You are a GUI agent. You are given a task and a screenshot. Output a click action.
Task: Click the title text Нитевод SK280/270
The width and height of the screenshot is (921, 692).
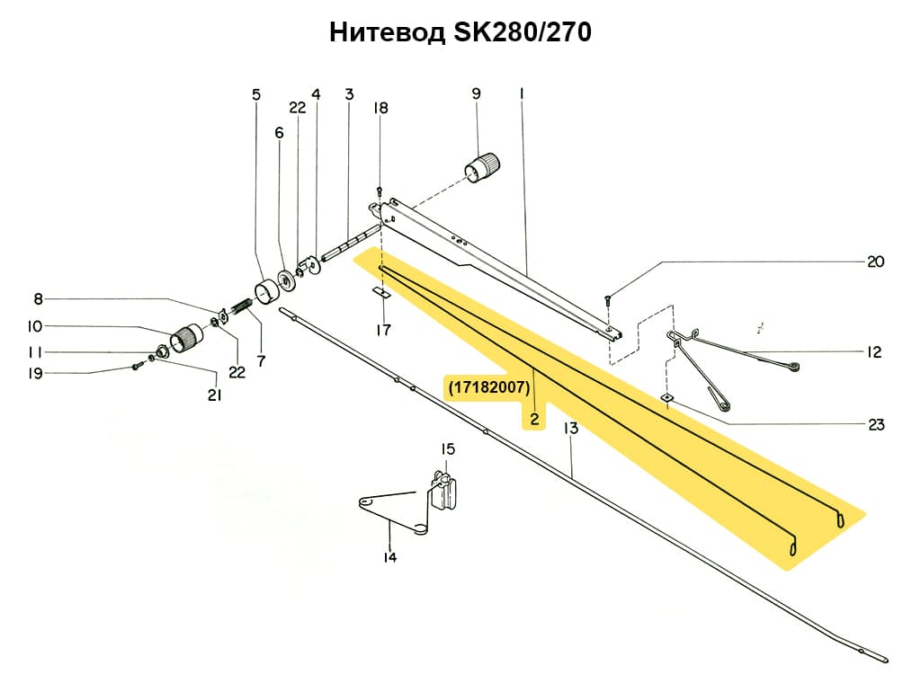(460, 33)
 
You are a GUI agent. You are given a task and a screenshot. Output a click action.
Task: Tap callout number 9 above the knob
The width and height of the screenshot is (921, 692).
(476, 93)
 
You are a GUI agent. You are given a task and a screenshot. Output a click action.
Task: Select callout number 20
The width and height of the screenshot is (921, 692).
(875, 262)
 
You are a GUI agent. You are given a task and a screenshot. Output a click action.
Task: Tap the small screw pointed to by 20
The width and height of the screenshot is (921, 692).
(607, 300)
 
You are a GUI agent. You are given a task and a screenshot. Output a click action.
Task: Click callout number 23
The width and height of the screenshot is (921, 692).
(876, 425)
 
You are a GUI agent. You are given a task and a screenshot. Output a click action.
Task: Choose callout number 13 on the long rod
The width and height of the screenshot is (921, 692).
(570, 429)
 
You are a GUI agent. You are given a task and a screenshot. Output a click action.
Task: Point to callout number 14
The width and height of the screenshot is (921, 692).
(389, 557)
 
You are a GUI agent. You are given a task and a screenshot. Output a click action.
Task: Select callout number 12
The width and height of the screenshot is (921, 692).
(874, 352)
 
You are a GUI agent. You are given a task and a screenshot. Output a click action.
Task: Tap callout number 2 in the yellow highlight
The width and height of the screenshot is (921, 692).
(533, 419)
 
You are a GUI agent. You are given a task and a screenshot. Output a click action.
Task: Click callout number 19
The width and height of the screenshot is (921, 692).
(35, 373)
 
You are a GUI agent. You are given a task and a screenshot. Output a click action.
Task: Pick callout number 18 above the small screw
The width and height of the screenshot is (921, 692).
(380, 108)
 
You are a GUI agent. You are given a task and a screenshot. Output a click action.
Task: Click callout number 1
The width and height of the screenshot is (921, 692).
(521, 93)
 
